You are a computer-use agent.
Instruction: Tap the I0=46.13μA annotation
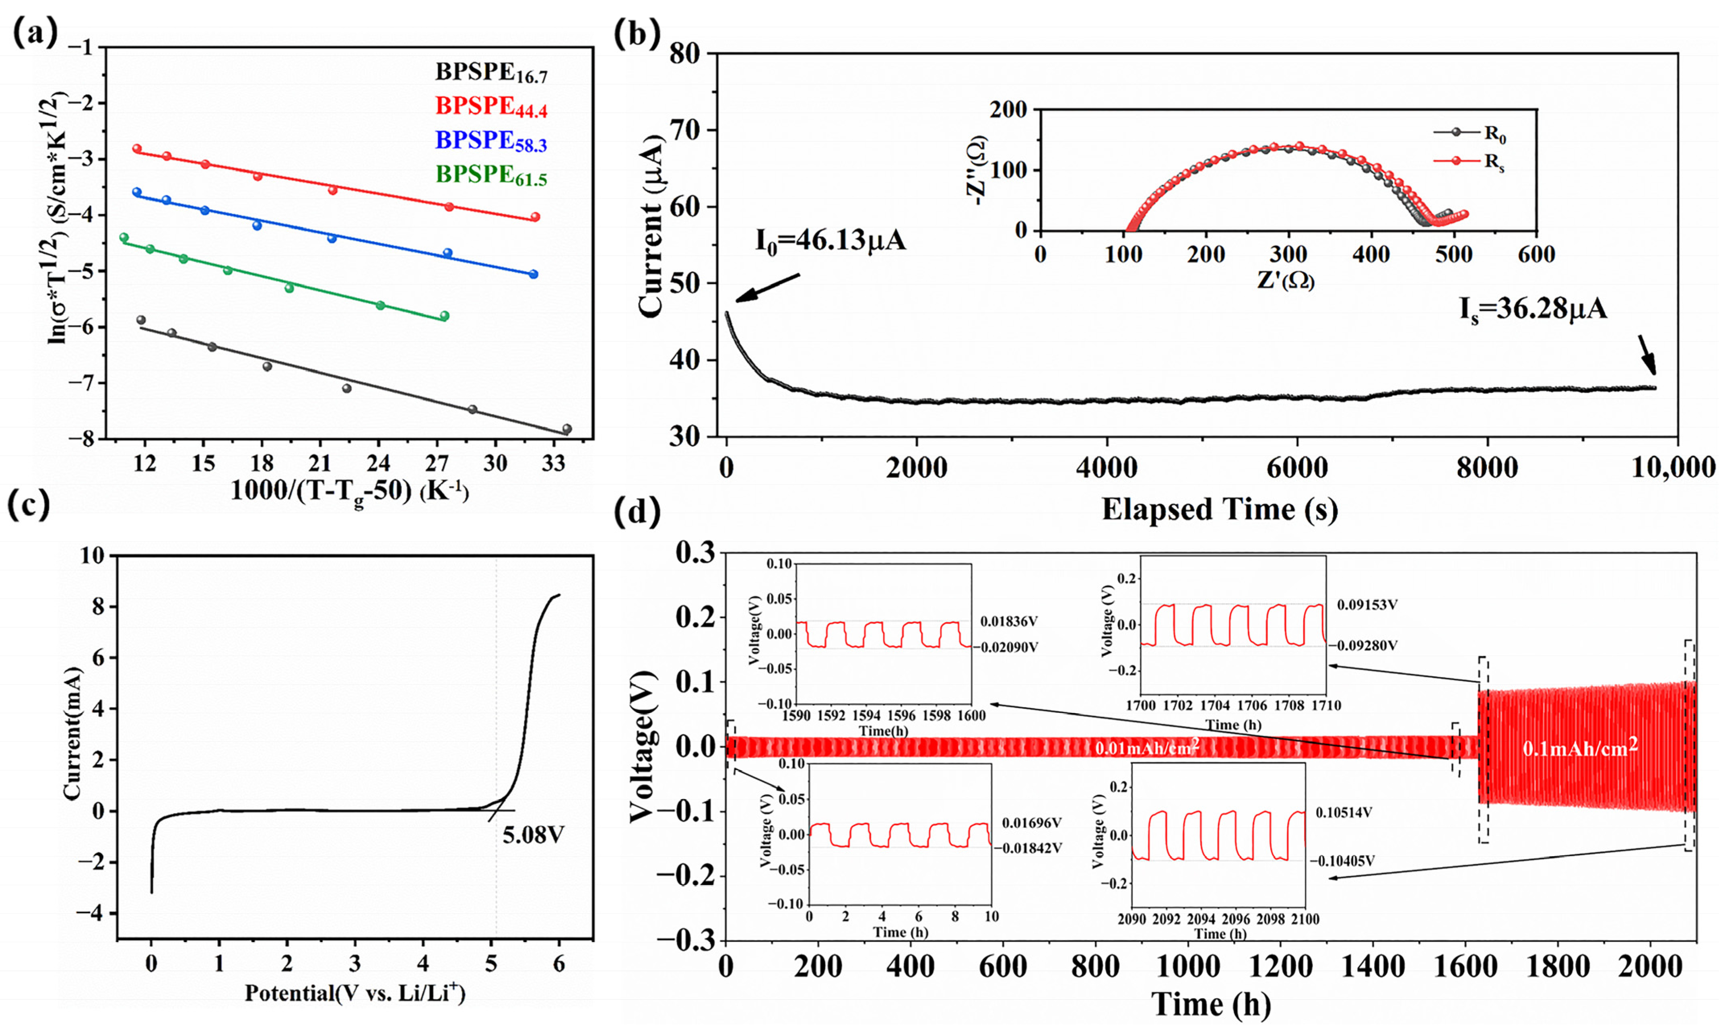(830, 240)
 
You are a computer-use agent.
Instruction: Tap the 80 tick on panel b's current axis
(686, 54)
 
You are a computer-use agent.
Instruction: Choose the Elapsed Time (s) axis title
(1219, 509)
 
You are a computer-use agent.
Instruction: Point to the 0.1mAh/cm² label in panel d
(1580, 747)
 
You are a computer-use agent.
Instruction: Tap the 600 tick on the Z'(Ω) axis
(1536, 254)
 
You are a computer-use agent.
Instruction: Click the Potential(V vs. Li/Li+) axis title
(354, 993)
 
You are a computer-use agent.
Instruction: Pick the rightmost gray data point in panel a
(567, 429)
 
